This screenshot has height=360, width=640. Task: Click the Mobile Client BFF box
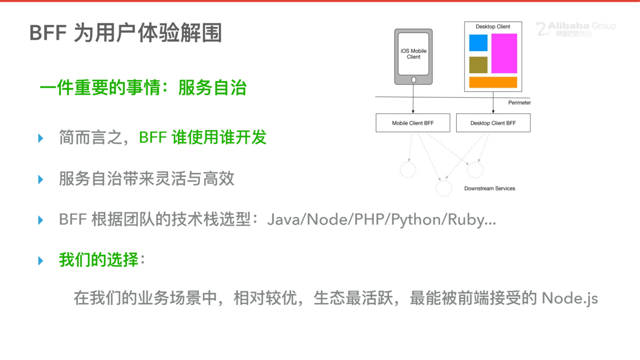pyautogui.click(x=413, y=123)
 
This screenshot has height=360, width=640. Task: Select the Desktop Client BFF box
pyautogui.click(x=493, y=123)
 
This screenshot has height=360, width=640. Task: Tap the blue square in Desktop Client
pyautogui.click(x=478, y=43)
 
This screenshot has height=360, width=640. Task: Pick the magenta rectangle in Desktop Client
pyautogui.click(x=504, y=54)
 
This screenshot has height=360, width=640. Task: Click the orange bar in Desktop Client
pyautogui.click(x=493, y=83)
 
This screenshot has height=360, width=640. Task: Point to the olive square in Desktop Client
pyautogui.click(x=478, y=65)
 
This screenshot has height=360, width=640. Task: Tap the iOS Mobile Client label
pyautogui.click(x=413, y=54)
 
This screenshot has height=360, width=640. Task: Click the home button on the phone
pyautogui.click(x=413, y=80)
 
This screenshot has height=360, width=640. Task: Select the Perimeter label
pyautogui.click(x=519, y=103)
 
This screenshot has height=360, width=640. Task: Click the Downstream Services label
pyautogui.click(x=489, y=189)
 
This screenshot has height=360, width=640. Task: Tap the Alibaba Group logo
pyautogui.click(x=575, y=29)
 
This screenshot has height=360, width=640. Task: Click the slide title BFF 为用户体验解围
pyautogui.click(x=125, y=33)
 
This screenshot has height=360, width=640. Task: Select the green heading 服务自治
pyautogui.click(x=212, y=88)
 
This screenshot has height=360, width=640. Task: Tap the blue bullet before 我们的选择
pyautogui.click(x=41, y=261)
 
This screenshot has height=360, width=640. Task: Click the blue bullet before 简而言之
pyautogui.click(x=41, y=138)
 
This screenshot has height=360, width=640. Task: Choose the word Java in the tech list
pyautogui.click(x=285, y=220)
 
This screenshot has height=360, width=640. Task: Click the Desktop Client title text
pyautogui.click(x=492, y=27)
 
